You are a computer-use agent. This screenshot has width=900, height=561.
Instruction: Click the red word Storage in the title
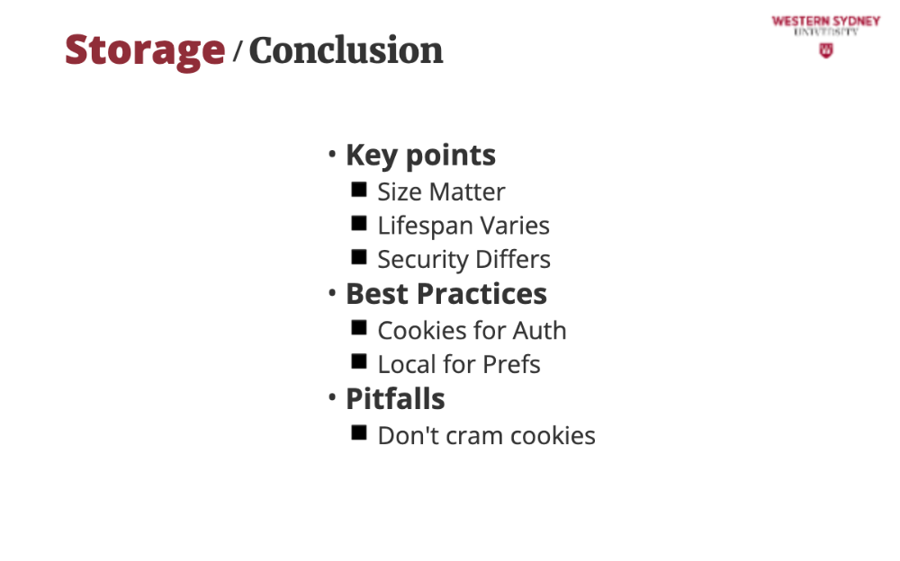tap(145, 51)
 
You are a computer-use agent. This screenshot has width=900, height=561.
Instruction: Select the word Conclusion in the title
tap(346, 50)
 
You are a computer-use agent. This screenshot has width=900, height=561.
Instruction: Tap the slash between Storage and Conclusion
tap(237, 51)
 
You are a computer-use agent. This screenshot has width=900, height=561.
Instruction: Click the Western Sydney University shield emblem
tap(826, 50)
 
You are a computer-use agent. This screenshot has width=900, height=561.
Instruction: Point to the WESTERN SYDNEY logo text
tap(826, 22)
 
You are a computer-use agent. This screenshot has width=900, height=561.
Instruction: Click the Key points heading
tap(420, 156)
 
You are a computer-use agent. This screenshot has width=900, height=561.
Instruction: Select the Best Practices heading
tap(446, 294)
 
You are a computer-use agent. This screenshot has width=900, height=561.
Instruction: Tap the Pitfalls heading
tap(395, 398)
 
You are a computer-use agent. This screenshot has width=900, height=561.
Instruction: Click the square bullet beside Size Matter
tap(359, 190)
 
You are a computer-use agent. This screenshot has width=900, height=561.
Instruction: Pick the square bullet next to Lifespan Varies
tap(359, 223)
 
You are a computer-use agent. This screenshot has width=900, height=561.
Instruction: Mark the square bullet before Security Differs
tap(359, 257)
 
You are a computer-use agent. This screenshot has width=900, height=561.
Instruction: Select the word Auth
tap(539, 331)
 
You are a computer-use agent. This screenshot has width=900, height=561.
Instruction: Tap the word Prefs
tap(511, 364)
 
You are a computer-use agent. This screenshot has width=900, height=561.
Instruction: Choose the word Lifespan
tap(426, 227)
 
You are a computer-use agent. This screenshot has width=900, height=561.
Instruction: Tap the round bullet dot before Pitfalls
tap(332, 397)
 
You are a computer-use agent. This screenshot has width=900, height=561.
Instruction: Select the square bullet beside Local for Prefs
tap(359, 361)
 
